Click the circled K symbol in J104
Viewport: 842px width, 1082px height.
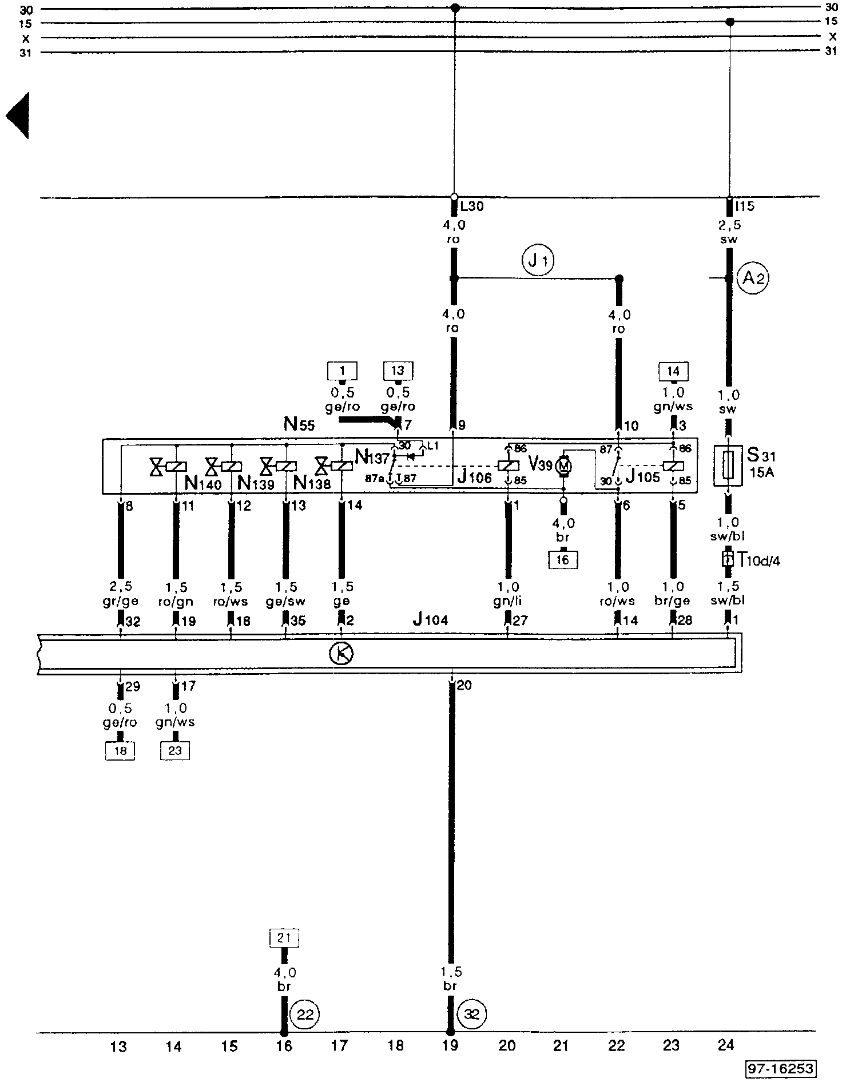341,654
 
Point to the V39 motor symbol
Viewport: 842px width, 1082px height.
563,466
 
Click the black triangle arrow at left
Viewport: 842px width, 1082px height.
18,116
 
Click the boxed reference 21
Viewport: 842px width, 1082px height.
284,938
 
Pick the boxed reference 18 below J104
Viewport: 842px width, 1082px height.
120,750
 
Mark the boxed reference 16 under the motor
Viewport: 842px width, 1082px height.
563,560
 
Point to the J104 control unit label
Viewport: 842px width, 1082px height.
430,619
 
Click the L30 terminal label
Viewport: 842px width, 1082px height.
472,206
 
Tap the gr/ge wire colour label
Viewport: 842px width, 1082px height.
120,601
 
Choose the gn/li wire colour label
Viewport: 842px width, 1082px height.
507,601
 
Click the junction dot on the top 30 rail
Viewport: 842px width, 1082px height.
455,9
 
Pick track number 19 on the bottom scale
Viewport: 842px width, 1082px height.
450,1045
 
